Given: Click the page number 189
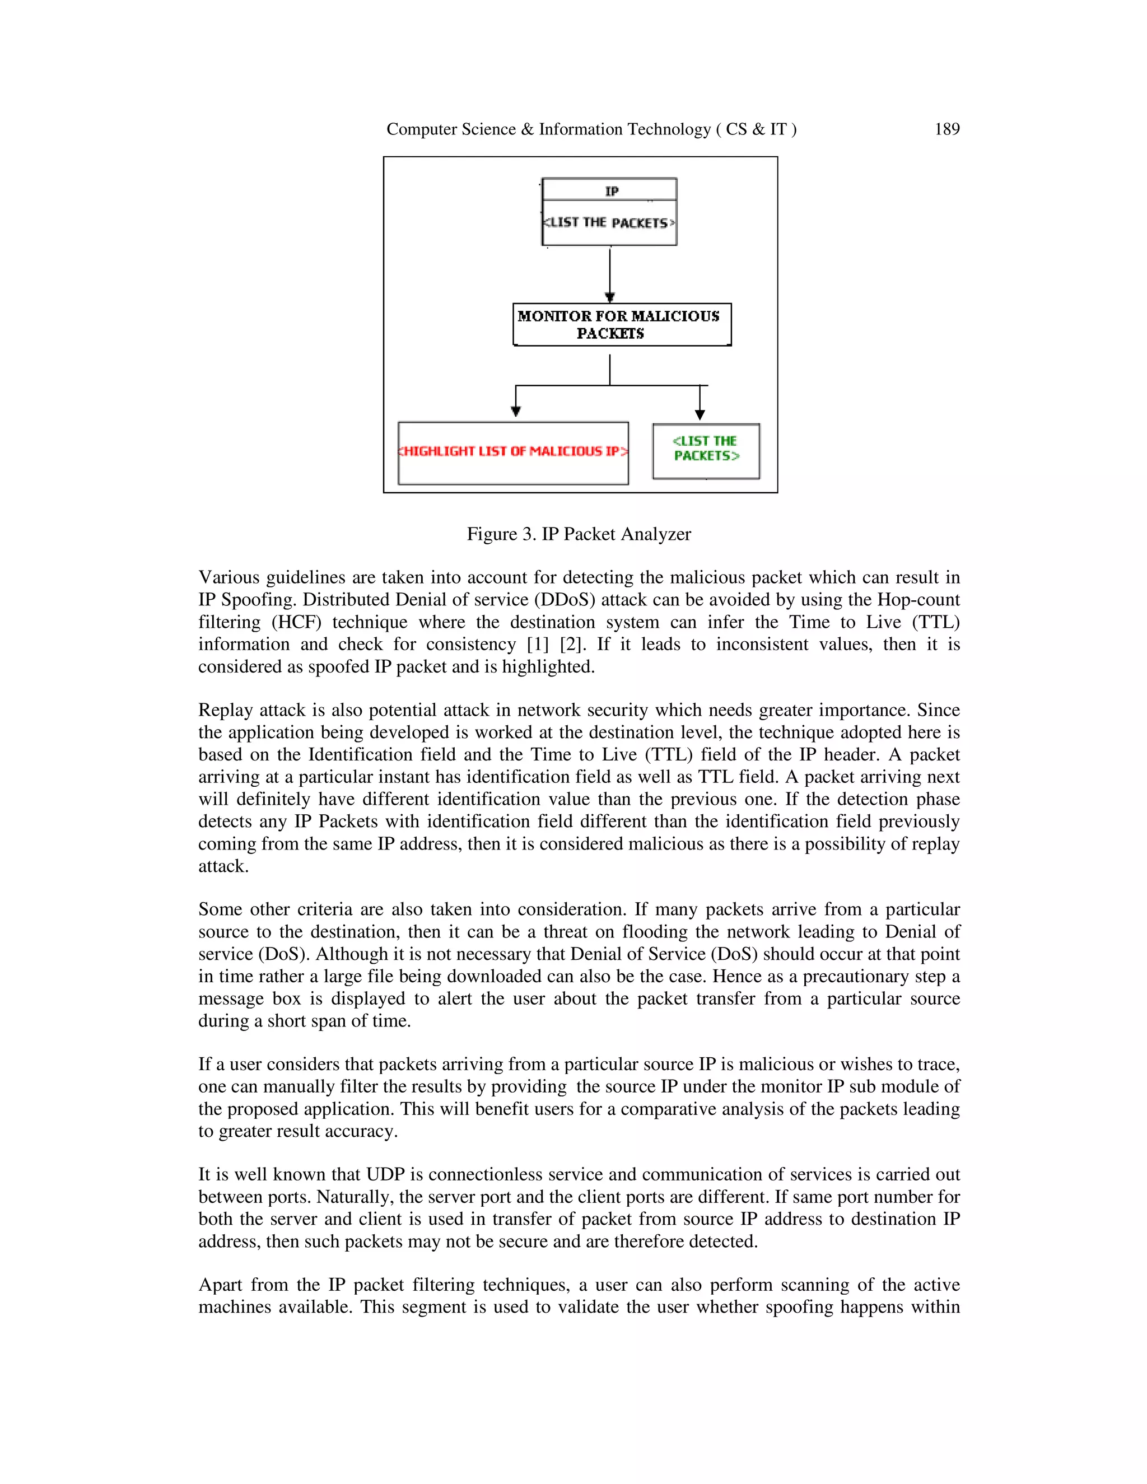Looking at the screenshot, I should click(x=946, y=129).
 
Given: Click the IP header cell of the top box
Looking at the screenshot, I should click(x=610, y=190).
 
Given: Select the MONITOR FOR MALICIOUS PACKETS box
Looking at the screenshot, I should click(x=621, y=325).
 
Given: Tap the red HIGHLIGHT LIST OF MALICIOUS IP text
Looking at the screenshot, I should click(x=513, y=451).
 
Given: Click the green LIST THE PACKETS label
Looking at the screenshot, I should click(x=705, y=449).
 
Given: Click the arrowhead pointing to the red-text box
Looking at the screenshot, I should click(x=516, y=410).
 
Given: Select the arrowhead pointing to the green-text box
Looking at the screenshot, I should click(x=700, y=414).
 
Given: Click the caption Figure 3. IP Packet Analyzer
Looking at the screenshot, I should click(x=578, y=534).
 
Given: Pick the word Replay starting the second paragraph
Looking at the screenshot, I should click(x=225, y=710).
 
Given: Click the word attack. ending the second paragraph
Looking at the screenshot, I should click(x=223, y=866).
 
